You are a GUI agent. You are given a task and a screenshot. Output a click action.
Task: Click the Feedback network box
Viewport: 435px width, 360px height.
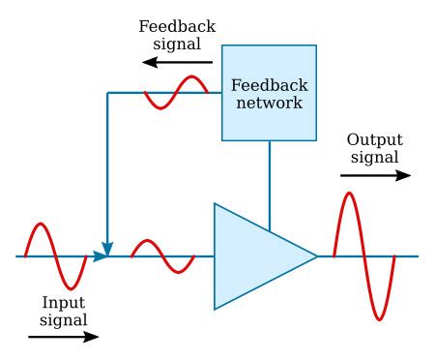click(269, 92)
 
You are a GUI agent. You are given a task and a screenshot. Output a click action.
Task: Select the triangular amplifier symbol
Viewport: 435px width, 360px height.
click(256, 256)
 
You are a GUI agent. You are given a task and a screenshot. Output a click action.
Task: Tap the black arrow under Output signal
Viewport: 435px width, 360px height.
click(375, 176)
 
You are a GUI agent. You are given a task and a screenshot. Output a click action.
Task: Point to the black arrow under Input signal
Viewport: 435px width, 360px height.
click(63, 338)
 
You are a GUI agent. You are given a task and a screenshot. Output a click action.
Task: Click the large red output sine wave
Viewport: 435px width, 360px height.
click(364, 256)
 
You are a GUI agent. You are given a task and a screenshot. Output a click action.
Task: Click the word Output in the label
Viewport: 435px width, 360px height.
click(374, 139)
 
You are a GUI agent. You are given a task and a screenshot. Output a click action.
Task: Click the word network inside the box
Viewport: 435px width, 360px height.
click(270, 103)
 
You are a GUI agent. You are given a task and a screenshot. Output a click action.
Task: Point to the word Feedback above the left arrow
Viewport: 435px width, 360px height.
click(177, 25)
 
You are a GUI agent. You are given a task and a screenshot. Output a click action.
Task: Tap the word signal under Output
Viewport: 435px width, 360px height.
click(374, 157)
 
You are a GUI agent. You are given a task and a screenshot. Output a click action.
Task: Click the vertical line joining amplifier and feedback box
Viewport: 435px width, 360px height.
click(270, 184)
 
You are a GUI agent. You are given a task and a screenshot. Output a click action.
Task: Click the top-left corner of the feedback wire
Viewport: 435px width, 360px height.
click(107, 93)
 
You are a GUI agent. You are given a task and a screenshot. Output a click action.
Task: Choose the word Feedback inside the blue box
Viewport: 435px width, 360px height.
click(270, 84)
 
